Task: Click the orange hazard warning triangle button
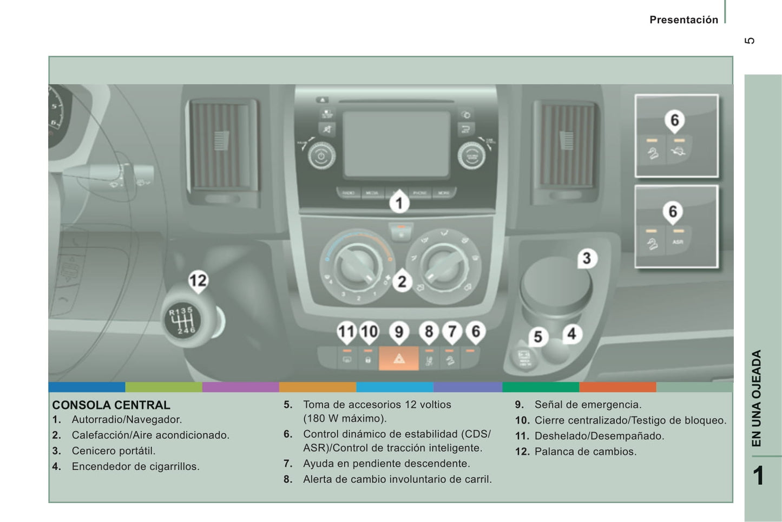pyautogui.click(x=399, y=358)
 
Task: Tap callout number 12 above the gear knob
pyautogui.click(x=198, y=280)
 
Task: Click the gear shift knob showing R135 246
pyautogui.click(x=182, y=322)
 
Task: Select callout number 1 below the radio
pyautogui.click(x=399, y=203)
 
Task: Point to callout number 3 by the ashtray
pyautogui.click(x=586, y=258)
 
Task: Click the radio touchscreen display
pyautogui.click(x=396, y=143)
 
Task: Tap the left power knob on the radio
pyautogui.click(x=321, y=156)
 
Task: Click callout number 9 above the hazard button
pyautogui.click(x=399, y=331)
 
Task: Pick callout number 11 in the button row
pyautogui.click(x=346, y=331)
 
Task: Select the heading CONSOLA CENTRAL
pyautogui.click(x=111, y=405)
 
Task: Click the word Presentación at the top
pyautogui.click(x=684, y=20)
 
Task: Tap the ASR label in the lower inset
pyautogui.click(x=678, y=242)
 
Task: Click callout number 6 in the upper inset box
pyautogui.click(x=674, y=120)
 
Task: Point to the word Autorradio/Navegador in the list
pyautogui.click(x=127, y=420)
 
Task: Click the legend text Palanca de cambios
pyautogui.click(x=585, y=452)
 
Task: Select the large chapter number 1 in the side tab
pyautogui.click(x=759, y=475)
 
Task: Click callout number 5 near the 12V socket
pyautogui.click(x=537, y=337)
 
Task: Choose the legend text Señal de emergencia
pyautogui.click(x=588, y=404)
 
